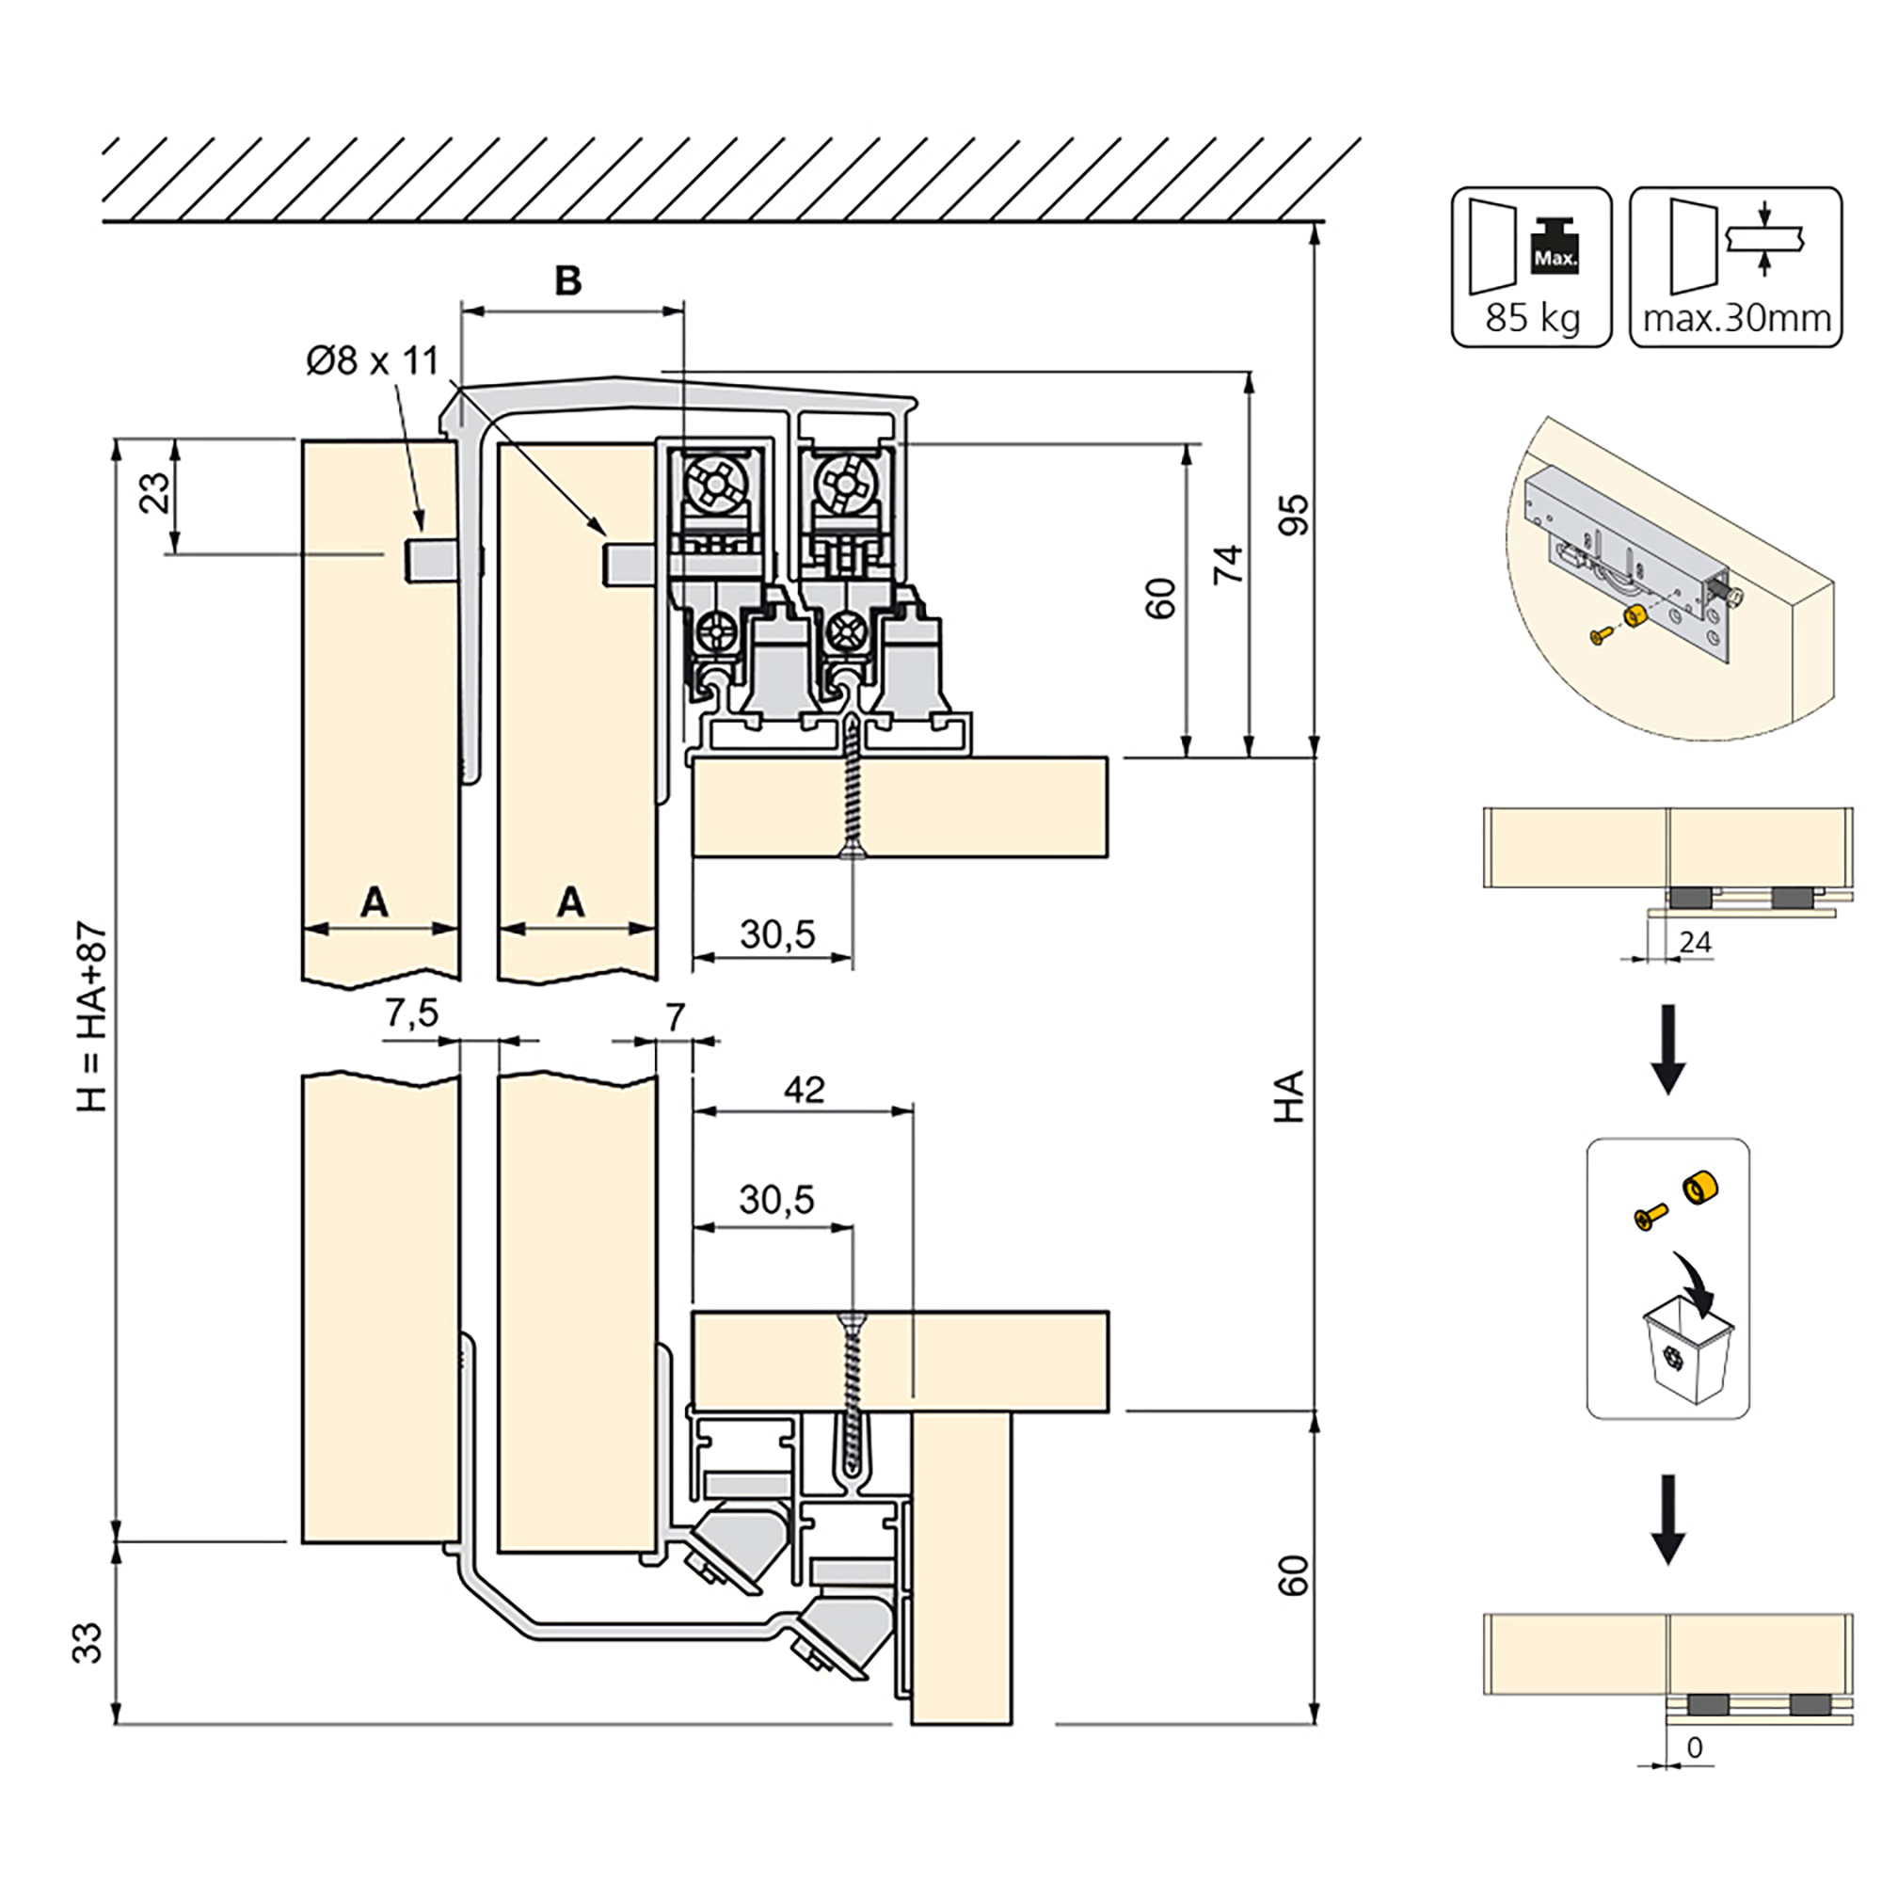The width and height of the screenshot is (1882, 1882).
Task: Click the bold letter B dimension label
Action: (x=568, y=280)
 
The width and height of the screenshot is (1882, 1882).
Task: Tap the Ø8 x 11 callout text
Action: (x=372, y=360)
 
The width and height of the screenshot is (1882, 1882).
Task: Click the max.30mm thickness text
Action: (x=1737, y=319)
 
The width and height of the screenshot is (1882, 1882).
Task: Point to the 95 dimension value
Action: (x=1295, y=515)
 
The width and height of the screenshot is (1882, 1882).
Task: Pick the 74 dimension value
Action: (x=1227, y=565)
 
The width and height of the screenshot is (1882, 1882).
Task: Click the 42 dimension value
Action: (x=804, y=1089)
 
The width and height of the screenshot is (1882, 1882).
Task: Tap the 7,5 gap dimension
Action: (x=412, y=1014)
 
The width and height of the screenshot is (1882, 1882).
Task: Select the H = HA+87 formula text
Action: (x=91, y=1017)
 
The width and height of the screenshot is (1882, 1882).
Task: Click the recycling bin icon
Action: (x=1689, y=1355)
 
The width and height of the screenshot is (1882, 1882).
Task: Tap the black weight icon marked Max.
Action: (x=1555, y=247)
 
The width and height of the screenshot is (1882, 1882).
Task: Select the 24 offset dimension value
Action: (x=1695, y=943)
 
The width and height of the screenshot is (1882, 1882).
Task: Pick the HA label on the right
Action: (x=1289, y=1097)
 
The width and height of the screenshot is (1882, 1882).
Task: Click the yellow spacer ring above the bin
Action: (x=1699, y=1187)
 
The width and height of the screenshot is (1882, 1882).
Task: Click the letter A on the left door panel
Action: (x=375, y=902)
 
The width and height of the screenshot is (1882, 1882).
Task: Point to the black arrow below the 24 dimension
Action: (x=1667, y=1049)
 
